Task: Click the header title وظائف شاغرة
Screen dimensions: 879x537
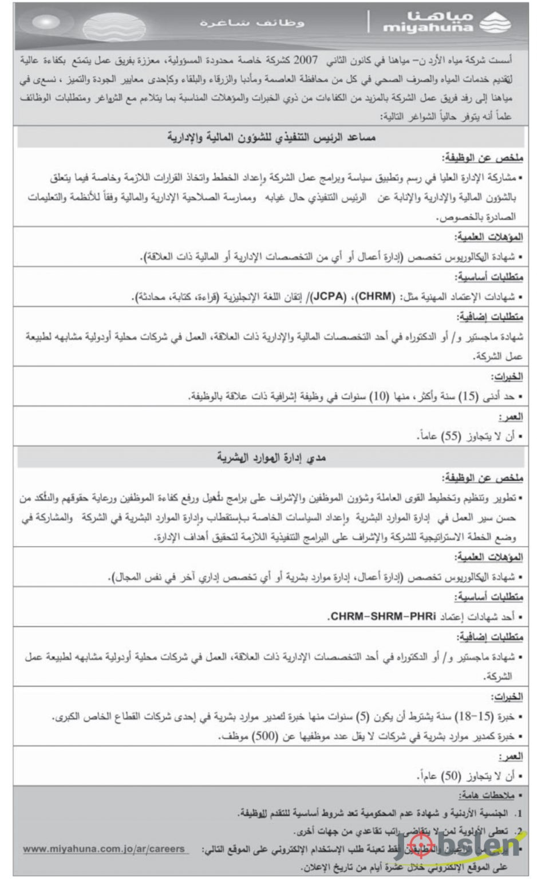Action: coord(252,23)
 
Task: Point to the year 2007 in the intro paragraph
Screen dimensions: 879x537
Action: coord(305,60)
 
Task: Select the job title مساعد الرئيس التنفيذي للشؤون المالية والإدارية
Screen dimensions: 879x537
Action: coord(271,137)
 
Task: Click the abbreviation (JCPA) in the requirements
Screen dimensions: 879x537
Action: coord(329,296)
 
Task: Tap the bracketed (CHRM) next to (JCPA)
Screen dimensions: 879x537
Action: coord(376,296)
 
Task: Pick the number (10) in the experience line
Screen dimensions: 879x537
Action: coord(379,396)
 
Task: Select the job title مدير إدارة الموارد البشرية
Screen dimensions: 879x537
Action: coord(271,457)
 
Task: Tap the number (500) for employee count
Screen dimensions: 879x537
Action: coord(264,737)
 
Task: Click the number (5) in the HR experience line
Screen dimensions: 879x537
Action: coord(362,716)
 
